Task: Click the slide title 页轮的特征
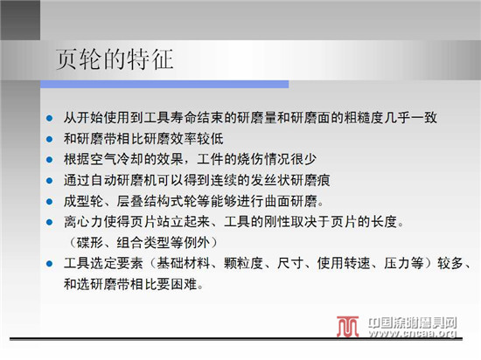115,59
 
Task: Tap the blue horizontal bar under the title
164,84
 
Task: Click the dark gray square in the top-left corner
20,20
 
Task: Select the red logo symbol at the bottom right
347,327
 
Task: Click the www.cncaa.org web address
413,333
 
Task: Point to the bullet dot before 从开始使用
49,118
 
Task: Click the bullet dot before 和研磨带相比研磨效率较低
49,139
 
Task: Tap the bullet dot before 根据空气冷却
49,160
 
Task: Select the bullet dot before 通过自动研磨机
49,181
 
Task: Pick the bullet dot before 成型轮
49,202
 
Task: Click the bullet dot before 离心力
49,222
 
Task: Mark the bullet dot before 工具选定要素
49,264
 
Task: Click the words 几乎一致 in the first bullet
411,118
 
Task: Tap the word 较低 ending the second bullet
210,139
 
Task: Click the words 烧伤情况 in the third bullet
264,159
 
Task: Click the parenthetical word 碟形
90,243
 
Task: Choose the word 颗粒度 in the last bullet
244,264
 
